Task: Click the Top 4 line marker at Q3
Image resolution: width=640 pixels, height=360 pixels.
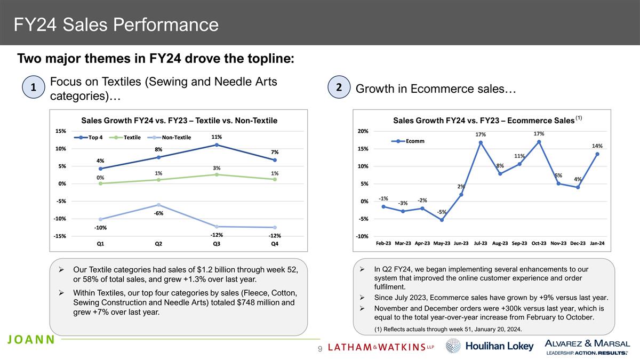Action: (x=217, y=145)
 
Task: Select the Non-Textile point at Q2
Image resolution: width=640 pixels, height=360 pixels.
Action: (x=158, y=205)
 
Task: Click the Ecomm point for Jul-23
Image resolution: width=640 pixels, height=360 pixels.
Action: (x=481, y=142)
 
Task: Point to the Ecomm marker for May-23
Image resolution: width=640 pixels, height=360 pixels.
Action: (x=442, y=220)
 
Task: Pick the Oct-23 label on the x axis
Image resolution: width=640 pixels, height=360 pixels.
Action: (x=539, y=243)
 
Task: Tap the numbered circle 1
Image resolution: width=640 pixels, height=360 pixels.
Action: (x=33, y=88)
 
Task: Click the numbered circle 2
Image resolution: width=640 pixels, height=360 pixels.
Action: (x=339, y=88)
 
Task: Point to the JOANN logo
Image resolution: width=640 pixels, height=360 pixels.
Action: (x=31, y=340)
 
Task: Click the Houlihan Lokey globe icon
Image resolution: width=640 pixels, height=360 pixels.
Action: (x=453, y=346)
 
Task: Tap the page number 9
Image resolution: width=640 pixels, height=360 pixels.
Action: (x=320, y=348)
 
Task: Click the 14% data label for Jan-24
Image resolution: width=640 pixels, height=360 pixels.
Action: (x=597, y=146)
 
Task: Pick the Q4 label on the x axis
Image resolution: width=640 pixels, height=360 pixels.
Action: (x=274, y=244)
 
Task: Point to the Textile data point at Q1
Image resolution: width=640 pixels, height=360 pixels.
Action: (x=100, y=183)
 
